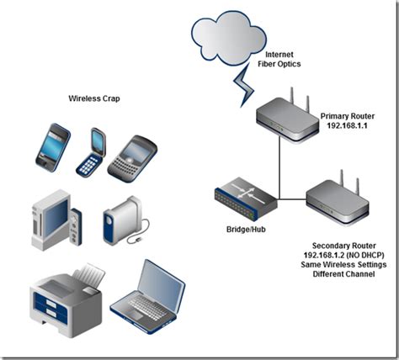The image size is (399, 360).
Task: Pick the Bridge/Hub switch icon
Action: (x=244, y=199)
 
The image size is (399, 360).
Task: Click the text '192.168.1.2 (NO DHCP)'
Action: (x=343, y=253)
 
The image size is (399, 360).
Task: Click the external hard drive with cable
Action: (x=120, y=225)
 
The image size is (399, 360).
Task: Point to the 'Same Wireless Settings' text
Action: (x=343, y=265)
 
